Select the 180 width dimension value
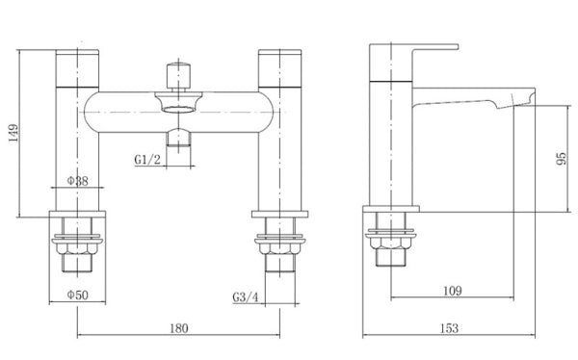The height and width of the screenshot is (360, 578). click(x=177, y=329)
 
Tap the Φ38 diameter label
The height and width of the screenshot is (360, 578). click(x=78, y=181)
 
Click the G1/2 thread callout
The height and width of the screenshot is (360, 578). click(x=147, y=160)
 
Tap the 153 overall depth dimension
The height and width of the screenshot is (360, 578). click(x=448, y=329)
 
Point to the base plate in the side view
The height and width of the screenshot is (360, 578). click(x=391, y=209)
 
